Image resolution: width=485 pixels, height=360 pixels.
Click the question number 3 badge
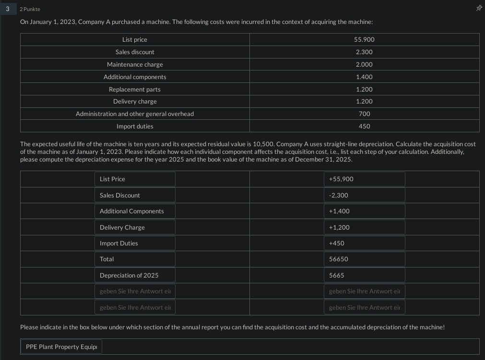coord(7,9)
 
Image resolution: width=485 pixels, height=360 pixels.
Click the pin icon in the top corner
coord(478,8)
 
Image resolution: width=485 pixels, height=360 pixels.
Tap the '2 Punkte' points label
coord(30,9)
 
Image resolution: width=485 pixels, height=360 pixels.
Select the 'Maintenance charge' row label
coord(135,64)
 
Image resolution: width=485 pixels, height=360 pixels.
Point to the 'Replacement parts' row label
coord(135,89)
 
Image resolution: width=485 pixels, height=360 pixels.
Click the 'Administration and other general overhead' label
coord(135,114)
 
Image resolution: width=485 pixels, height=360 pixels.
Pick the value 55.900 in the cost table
coord(364,39)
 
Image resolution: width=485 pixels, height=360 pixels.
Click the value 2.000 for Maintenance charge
coord(364,64)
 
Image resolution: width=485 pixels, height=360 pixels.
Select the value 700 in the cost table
coord(364,114)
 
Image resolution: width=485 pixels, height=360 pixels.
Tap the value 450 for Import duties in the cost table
coord(364,126)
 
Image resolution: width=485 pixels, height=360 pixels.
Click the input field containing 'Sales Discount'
coord(135,195)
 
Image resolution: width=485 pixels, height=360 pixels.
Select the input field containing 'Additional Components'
coord(135,211)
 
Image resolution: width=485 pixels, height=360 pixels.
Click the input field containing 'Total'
coord(135,259)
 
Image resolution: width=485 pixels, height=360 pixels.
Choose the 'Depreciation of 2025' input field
coord(135,275)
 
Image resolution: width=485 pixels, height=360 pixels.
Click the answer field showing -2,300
coord(364,195)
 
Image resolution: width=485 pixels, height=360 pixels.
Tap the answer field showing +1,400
coord(364,211)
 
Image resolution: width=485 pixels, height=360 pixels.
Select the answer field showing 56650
coord(364,259)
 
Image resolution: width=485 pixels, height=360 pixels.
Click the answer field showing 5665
coord(364,275)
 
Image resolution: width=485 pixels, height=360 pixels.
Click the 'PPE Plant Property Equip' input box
coord(61,347)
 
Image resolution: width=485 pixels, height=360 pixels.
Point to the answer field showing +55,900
coord(364,179)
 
